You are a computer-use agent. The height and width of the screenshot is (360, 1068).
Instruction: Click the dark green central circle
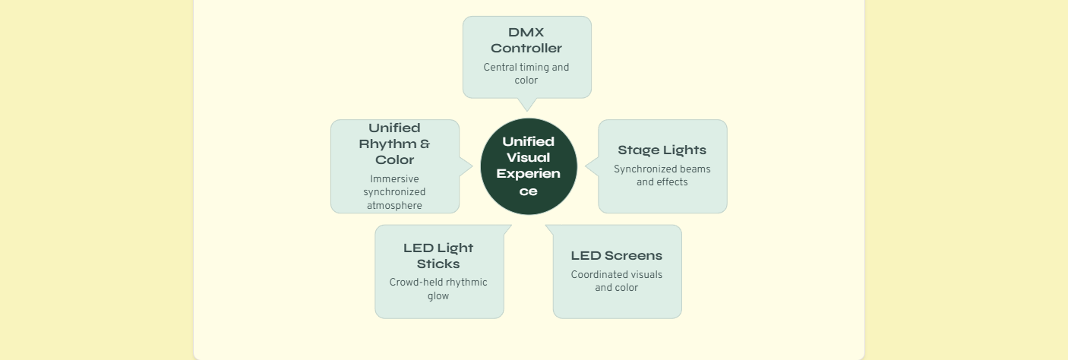tap(528, 166)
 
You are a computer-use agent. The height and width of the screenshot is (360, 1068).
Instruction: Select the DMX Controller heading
tap(526, 40)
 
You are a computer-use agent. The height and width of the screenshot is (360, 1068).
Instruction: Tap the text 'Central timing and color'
tap(526, 74)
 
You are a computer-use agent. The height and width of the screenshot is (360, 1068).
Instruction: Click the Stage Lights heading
tap(662, 150)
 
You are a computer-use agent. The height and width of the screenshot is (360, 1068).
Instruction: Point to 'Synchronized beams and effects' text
tap(662, 175)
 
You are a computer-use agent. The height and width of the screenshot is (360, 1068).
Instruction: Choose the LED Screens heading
tap(617, 255)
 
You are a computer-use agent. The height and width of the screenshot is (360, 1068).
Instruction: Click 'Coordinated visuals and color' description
tap(617, 281)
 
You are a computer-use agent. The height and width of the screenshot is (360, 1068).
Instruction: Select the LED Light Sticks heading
tap(438, 256)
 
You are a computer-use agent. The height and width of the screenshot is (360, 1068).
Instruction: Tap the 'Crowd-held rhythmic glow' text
tap(438, 289)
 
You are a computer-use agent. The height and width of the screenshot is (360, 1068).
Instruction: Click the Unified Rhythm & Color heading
tap(394, 144)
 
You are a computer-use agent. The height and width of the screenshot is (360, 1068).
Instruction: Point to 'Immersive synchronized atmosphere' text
tap(394, 192)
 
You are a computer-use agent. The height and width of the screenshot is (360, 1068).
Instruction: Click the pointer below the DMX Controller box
tap(527, 105)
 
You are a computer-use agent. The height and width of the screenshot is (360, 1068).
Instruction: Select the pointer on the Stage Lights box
tap(592, 166)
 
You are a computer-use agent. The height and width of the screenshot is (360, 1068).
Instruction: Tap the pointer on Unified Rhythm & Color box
tap(466, 166)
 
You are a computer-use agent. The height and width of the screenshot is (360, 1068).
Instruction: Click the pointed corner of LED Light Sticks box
tap(511, 226)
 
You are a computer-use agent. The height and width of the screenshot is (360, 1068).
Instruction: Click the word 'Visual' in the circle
tap(528, 157)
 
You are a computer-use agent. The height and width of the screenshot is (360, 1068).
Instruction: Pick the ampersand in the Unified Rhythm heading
tap(425, 144)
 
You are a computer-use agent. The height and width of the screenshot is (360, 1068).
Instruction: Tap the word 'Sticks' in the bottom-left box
tap(438, 264)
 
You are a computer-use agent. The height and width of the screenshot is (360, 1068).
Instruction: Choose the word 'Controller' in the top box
tap(526, 48)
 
